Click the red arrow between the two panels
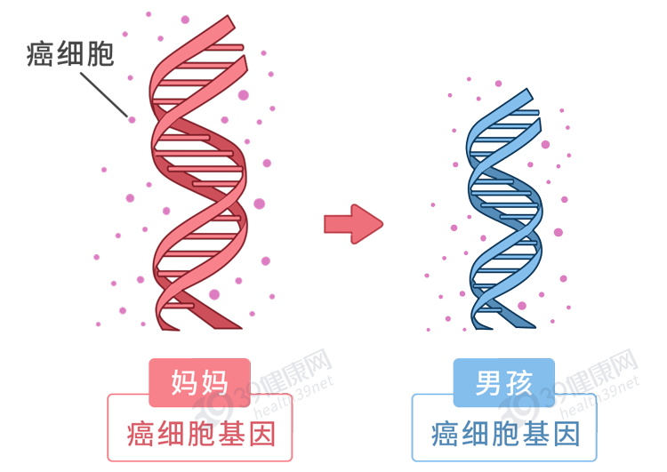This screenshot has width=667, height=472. (x=353, y=224)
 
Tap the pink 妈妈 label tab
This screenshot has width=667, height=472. (x=199, y=382)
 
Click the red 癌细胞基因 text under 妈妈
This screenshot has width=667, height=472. (x=201, y=434)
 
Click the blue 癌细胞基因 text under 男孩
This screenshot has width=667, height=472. (x=505, y=434)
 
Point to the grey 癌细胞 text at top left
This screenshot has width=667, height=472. (x=71, y=54)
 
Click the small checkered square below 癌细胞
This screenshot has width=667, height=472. (x=103, y=95)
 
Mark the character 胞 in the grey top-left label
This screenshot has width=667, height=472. (x=100, y=54)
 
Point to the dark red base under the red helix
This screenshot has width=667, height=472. (x=197, y=328)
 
